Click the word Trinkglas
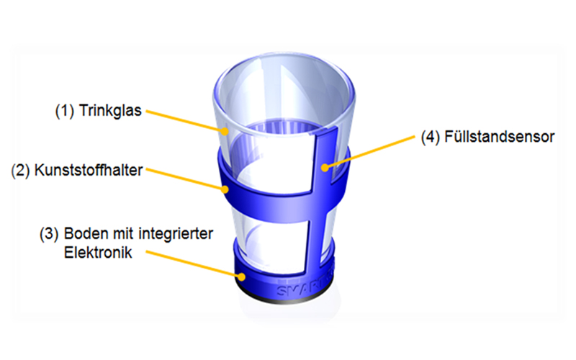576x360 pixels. click(113, 112)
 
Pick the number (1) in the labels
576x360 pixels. click(65, 112)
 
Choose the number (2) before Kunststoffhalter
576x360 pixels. click(21, 171)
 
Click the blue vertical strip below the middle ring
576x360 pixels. click(318, 230)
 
